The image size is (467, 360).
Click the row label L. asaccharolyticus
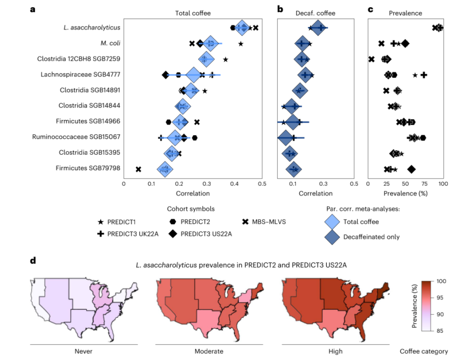pyautogui.click(x=92, y=28)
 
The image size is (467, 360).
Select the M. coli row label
pyautogui.click(x=110, y=43)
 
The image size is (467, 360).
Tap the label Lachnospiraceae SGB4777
pyautogui.click(x=80, y=74)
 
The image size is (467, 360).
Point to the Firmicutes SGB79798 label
pyautogui.click(x=88, y=168)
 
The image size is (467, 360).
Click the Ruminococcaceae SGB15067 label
pyautogui.click(x=76, y=137)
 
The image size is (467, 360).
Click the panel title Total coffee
pyautogui.click(x=193, y=13)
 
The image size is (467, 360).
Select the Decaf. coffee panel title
pyautogui.click(x=315, y=13)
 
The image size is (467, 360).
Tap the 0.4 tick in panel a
pyautogui.click(x=234, y=184)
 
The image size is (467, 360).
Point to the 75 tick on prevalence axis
pyautogui.click(x=424, y=184)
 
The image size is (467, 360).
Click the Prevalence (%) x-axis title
pyautogui.click(x=405, y=194)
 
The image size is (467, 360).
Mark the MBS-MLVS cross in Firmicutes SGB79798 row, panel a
pyautogui.click(x=138, y=169)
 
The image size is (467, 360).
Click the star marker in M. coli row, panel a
pyautogui.click(x=241, y=44)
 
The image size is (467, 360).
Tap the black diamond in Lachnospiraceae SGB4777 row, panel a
pyautogui.click(x=165, y=75)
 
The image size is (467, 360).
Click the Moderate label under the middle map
pyautogui.click(x=209, y=351)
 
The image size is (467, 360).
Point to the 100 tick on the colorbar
pyautogui.click(x=441, y=281)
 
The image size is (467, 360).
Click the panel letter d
pyautogui.click(x=33, y=261)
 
